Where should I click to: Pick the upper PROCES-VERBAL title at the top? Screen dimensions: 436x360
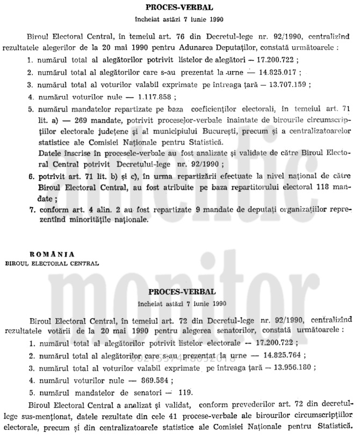pyautogui.click(x=181, y=8)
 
